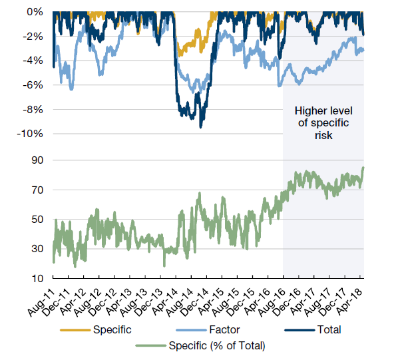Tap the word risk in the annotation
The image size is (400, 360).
pos(324,135)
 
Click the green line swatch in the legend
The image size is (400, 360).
pos(152,345)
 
